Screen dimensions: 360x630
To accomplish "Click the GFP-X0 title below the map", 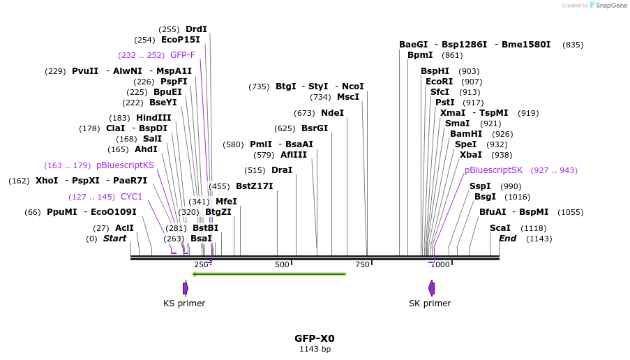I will point(314,338).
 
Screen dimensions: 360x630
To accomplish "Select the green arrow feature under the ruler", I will point(269,274).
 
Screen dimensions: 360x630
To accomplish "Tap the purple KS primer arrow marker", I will point(185,288).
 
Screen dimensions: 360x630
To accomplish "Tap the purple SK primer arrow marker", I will point(431,288).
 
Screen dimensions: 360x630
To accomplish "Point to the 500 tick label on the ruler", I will point(282,265).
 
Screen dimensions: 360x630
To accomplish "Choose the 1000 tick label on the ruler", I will point(440,265).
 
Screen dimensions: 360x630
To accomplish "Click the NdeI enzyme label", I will point(332,113).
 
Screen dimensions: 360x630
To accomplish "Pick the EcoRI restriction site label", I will point(439,82).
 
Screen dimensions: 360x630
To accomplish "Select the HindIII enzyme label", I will point(153,118).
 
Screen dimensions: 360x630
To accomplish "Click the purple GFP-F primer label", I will point(183,55).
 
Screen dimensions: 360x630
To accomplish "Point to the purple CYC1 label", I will point(131,197).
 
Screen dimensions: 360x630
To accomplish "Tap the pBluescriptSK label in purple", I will point(493,170).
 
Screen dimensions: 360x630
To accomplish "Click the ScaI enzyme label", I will point(500,228).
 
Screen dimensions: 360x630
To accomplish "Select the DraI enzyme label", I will point(282,170).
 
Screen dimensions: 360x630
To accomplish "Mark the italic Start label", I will point(114,239).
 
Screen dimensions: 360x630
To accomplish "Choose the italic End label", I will point(507,239).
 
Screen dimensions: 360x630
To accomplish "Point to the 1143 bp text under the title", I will point(314,349).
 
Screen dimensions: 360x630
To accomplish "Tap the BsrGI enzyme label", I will point(314,128).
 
